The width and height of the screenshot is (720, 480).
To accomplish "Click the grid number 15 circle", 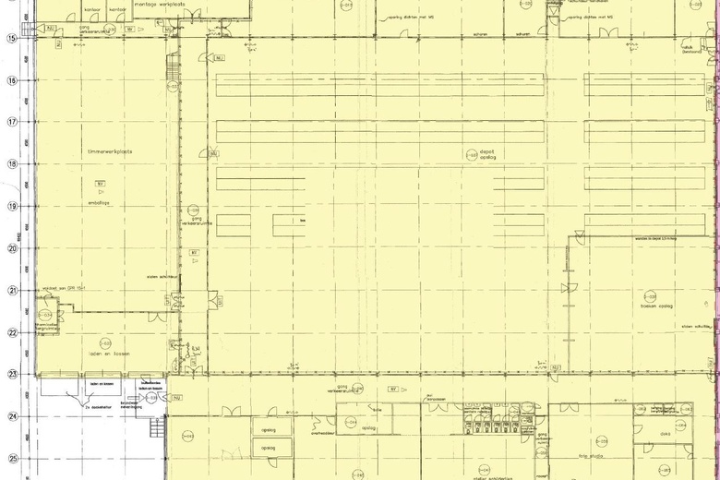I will click(x=12, y=38).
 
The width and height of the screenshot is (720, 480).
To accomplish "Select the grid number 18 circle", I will click(x=12, y=164).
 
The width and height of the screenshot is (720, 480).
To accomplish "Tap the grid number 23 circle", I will click(x=12, y=375).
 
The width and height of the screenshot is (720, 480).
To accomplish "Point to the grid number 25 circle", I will click(x=12, y=459).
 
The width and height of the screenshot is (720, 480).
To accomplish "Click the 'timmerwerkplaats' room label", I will click(x=110, y=151).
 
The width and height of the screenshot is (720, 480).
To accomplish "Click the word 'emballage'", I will click(x=99, y=202).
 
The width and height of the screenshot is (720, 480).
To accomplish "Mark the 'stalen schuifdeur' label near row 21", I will click(x=162, y=277).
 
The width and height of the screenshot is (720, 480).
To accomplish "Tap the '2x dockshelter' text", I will click(x=98, y=406).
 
